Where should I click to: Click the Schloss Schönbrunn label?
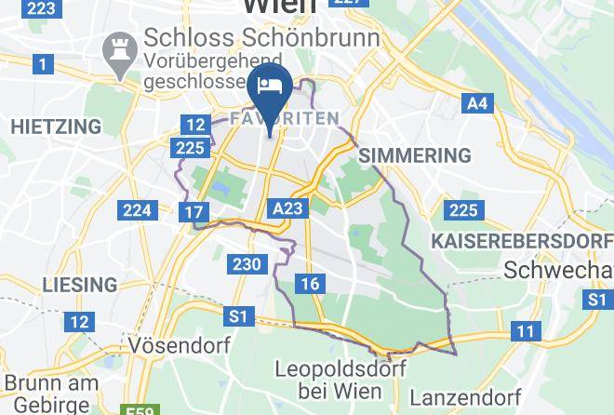261,38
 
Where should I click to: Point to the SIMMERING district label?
415,155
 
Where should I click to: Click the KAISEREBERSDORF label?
521,241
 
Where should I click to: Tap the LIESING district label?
79,284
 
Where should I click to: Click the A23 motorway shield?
287,207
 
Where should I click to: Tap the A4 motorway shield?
477,103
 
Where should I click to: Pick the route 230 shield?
247,264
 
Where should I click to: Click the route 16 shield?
310,284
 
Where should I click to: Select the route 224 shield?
137,209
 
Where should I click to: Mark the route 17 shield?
194,212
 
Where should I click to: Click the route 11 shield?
527,330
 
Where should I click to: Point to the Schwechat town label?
558,270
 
